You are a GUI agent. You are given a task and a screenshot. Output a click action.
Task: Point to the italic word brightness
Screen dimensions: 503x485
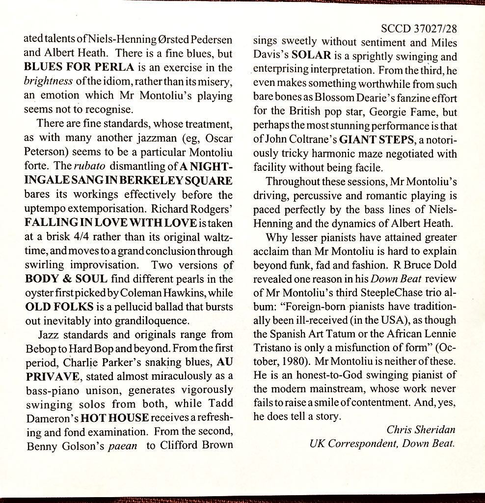click(49, 81)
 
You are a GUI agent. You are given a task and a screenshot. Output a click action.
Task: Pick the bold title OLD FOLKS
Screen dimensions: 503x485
click(59, 307)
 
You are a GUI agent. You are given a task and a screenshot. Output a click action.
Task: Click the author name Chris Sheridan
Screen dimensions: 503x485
click(421, 429)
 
